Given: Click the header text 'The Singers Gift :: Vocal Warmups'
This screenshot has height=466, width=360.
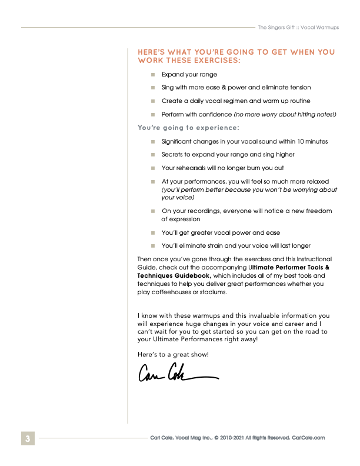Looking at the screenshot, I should [x=306, y=27].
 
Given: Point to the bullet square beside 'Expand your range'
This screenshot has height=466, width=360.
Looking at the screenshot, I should [x=152, y=75].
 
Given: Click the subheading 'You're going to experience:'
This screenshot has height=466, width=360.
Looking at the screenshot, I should [x=188, y=127].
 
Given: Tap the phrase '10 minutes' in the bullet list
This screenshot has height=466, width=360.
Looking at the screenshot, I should [x=311, y=141].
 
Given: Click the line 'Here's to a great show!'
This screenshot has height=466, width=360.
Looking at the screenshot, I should [x=173, y=354].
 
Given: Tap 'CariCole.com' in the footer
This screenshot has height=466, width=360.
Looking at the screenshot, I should [x=308, y=438].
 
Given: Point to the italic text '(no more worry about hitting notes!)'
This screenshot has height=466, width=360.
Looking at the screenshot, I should [x=285, y=114].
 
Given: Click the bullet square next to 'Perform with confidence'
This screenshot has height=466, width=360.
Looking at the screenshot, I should [x=152, y=114].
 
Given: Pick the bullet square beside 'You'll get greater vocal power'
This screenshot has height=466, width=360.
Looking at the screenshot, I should [x=152, y=232].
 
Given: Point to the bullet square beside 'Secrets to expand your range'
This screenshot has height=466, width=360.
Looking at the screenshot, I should [x=152, y=155].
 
